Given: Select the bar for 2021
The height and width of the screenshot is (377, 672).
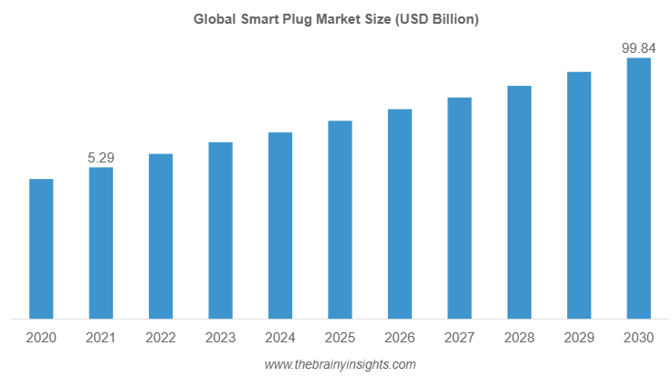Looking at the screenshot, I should point(100,244).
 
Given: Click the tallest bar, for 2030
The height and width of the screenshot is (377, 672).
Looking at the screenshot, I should point(638,189).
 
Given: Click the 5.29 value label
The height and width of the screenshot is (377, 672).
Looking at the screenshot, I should point(100,158).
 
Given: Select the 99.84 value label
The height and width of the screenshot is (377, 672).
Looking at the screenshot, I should point(638,47).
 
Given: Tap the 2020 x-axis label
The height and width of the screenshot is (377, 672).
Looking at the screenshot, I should point(41,338).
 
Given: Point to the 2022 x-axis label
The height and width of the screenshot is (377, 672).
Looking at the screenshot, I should point(161,338).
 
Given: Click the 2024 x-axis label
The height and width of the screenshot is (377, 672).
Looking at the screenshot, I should point(280,338).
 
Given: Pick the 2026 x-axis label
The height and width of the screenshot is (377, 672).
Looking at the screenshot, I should point(400,338).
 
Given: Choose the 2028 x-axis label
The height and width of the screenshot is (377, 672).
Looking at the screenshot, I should point(519,338).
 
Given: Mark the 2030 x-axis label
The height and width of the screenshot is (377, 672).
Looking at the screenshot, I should point(638,338).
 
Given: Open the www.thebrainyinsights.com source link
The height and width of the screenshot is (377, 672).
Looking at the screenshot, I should point(340,364).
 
